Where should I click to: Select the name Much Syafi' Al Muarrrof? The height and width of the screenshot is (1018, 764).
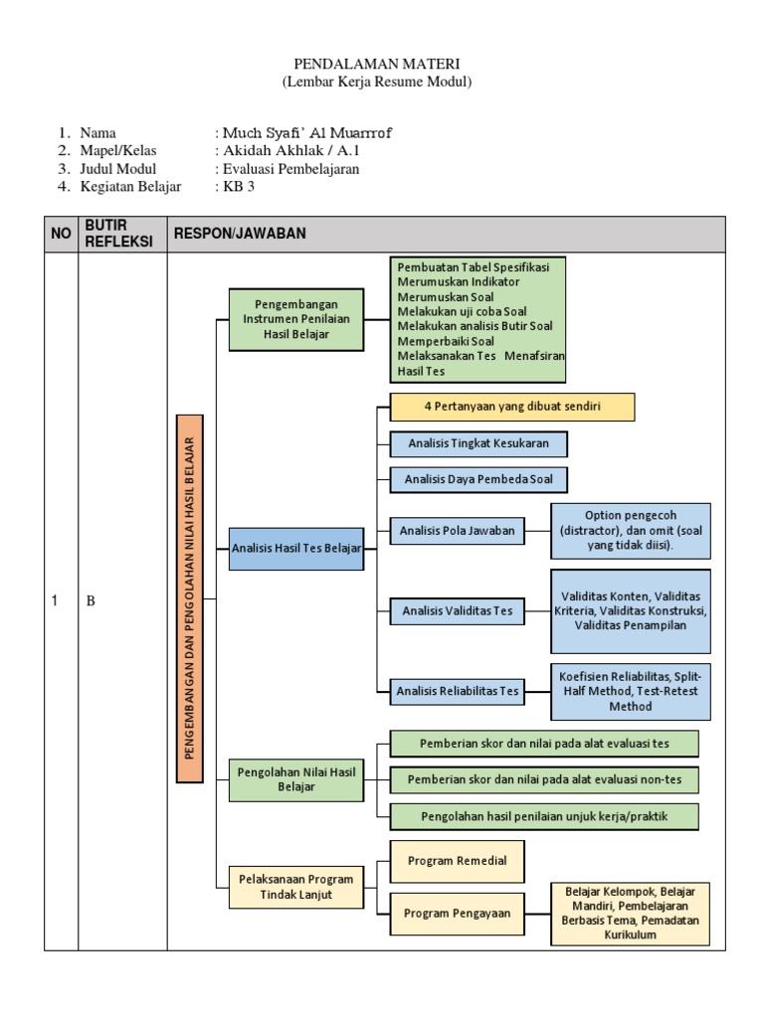pyautogui.click(x=299, y=133)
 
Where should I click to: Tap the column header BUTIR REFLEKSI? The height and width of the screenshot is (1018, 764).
pyautogui.click(x=121, y=234)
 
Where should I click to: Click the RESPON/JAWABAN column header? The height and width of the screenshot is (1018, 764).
pyautogui.click(x=240, y=234)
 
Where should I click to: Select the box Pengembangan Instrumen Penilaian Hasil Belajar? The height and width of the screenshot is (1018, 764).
pyautogui.click(x=294, y=319)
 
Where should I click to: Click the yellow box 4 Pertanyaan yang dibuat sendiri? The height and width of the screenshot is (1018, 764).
pyautogui.click(x=511, y=407)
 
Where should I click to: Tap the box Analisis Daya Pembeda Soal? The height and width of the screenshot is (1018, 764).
pyautogui.click(x=478, y=479)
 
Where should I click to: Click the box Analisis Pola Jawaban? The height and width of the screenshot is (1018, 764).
pyautogui.click(x=457, y=531)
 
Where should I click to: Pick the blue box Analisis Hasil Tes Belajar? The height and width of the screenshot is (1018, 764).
pyautogui.click(x=295, y=548)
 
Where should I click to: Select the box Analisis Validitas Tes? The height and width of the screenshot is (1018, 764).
pyautogui.click(x=457, y=610)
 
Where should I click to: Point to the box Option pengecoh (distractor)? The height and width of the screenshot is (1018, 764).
pyautogui.click(x=631, y=531)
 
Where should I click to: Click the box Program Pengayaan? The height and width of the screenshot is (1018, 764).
pyautogui.click(x=457, y=914)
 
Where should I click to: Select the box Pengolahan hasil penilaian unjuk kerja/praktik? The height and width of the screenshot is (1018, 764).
pyautogui.click(x=544, y=816)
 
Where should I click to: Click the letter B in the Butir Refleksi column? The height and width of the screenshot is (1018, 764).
pyautogui.click(x=90, y=600)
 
